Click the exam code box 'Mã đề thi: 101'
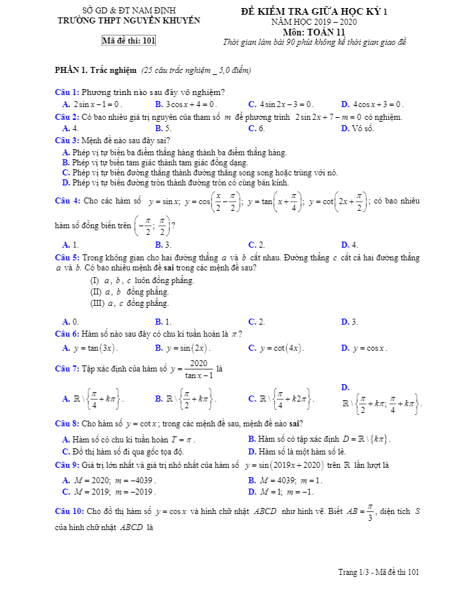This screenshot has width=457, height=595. [x=128, y=41]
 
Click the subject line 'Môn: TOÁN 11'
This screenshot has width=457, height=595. [x=314, y=31]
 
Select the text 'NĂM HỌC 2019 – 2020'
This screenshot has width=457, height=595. [x=314, y=22]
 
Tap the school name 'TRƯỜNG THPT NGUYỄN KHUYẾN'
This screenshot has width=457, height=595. [x=128, y=21]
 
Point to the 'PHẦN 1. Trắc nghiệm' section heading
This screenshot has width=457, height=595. [x=96, y=70]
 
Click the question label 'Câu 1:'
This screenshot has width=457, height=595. [x=67, y=92]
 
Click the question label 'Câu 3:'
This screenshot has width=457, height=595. [x=67, y=140]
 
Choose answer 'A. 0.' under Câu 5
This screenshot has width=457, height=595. [x=70, y=321]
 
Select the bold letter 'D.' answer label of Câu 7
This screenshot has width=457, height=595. [x=345, y=388]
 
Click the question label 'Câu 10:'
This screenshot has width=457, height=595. [x=69, y=512]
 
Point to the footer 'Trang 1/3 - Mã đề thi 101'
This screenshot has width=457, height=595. [x=379, y=572]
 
